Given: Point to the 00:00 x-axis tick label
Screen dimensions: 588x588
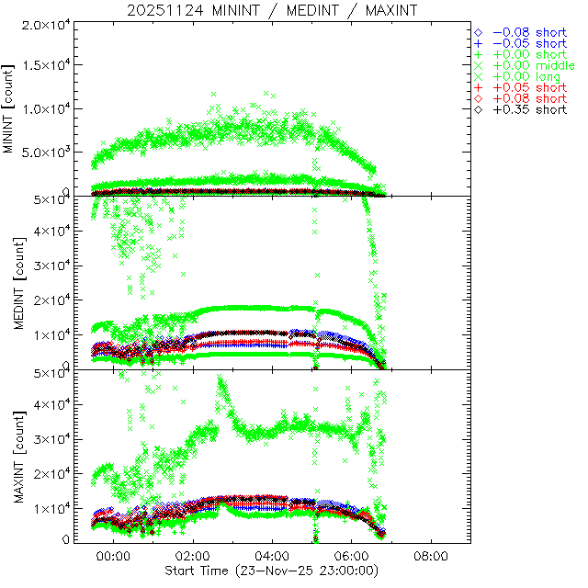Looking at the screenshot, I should (113, 557).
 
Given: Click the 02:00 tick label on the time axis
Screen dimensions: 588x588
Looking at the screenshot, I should (193, 557).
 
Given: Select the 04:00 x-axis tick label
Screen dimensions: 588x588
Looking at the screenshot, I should (273, 557).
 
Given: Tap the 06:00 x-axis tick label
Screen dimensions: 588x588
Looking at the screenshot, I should (352, 557).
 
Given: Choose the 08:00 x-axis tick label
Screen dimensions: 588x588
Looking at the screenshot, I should (432, 557).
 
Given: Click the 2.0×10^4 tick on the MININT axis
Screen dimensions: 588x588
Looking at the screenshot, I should (41, 24).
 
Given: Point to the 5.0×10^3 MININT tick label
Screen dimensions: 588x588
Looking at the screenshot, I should (41, 153).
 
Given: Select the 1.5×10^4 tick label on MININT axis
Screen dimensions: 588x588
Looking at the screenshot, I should (41, 66).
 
